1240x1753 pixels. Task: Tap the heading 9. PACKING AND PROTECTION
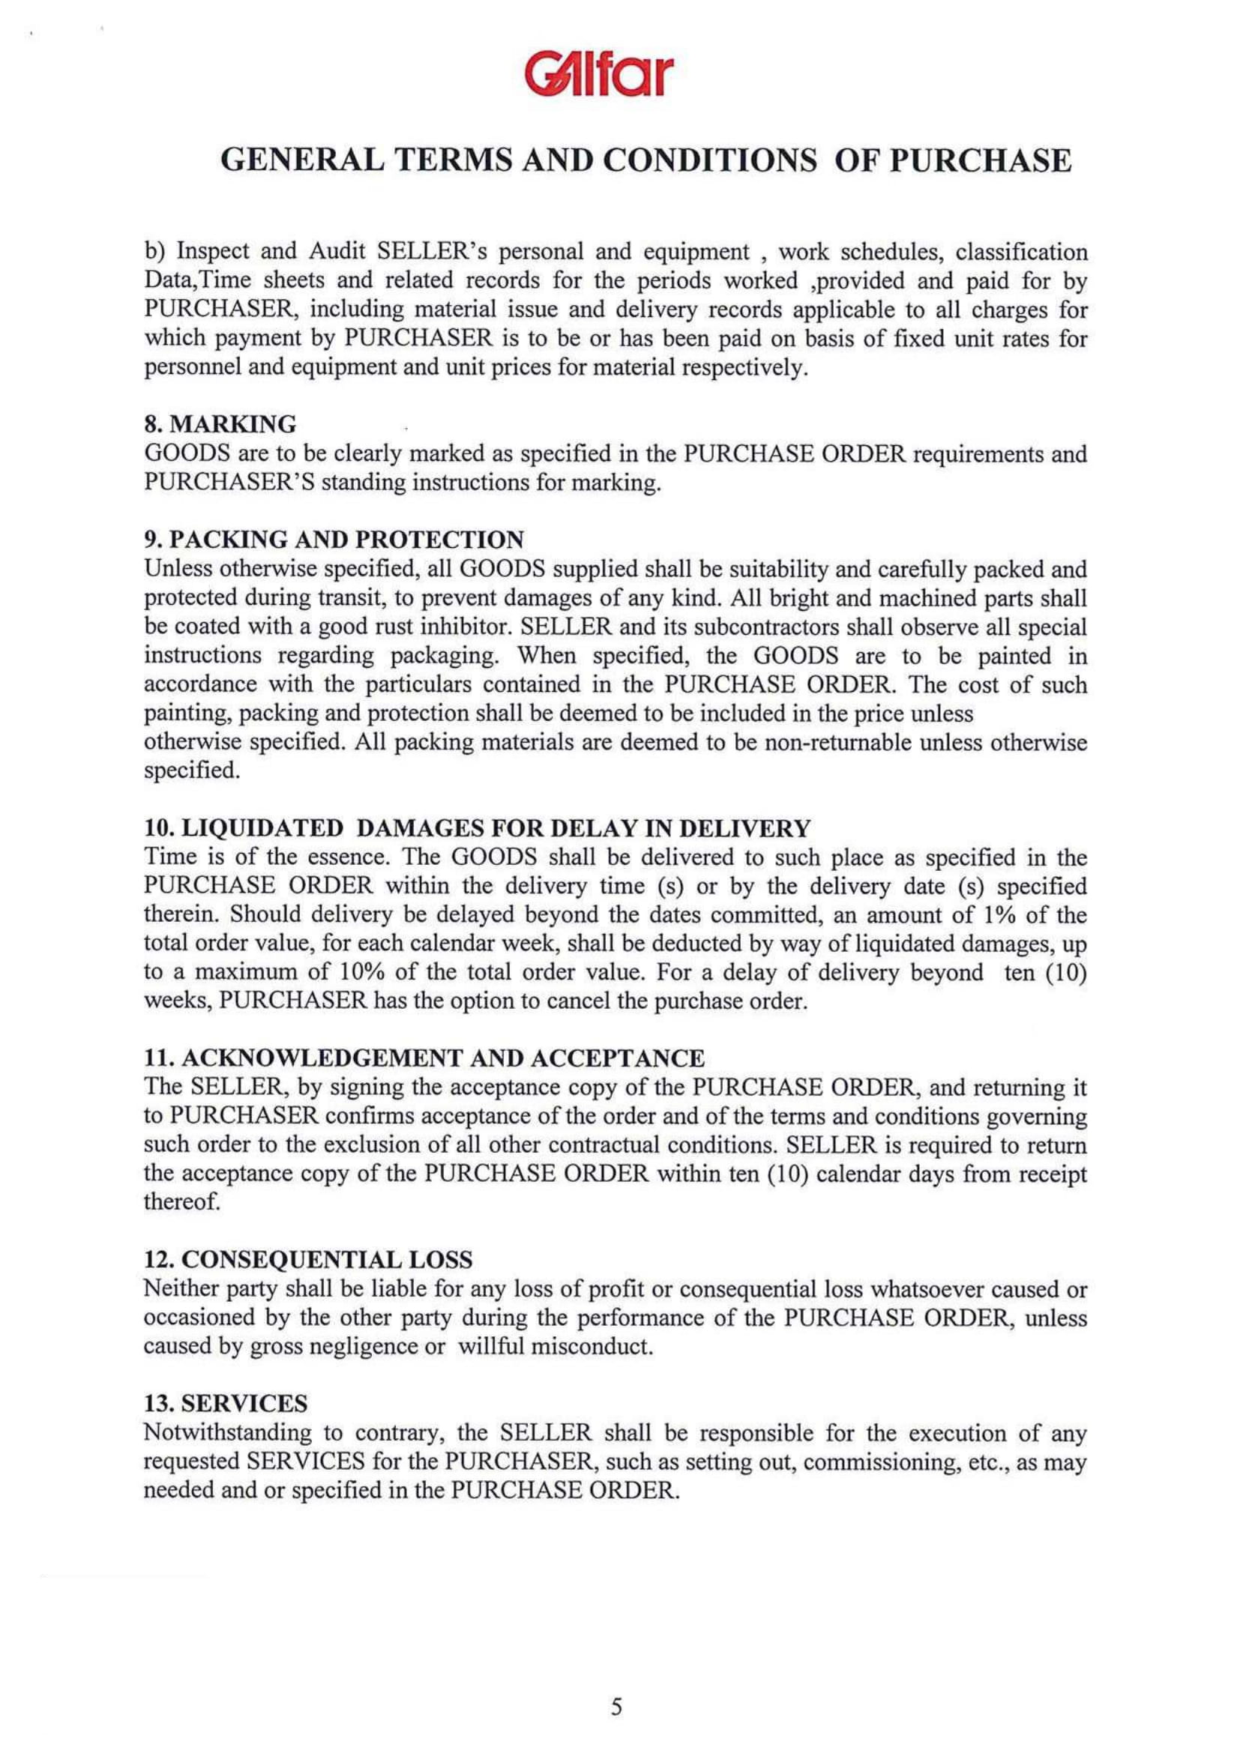pyautogui.click(x=334, y=540)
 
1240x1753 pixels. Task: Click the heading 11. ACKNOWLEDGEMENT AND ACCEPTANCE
pyautogui.click(x=424, y=1058)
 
